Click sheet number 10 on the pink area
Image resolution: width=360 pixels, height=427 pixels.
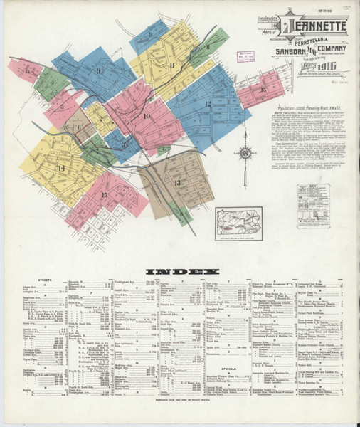(x=147, y=115)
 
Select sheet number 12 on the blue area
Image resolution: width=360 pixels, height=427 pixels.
(x=208, y=104)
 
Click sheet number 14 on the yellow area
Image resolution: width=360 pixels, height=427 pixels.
(x=61, y=168)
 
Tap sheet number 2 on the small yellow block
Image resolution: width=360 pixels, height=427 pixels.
(x=101, y=119)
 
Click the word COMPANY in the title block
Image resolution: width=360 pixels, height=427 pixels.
(x=324, y=51)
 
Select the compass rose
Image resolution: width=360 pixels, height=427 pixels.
(x=245, y=152)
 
